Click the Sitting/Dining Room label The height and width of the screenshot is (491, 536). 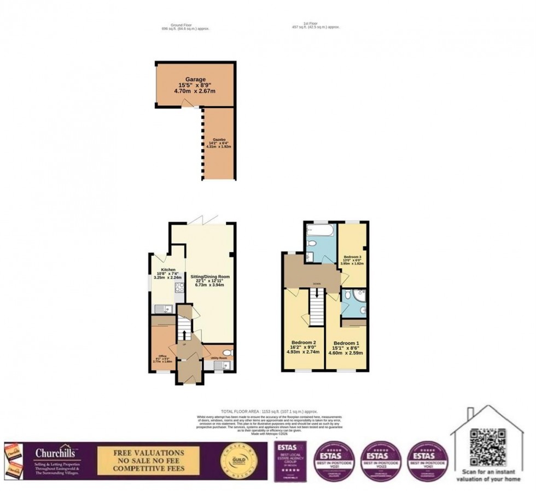pyautogui.click(x=211, y=277)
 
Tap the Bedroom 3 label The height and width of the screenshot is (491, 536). pyautogui.click(x=353, y=257)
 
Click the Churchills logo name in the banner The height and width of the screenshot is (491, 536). pyautogui.click(x=55, y=453)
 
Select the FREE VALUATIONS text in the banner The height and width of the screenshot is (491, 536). pyautogui.click(x=148, y=453)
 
